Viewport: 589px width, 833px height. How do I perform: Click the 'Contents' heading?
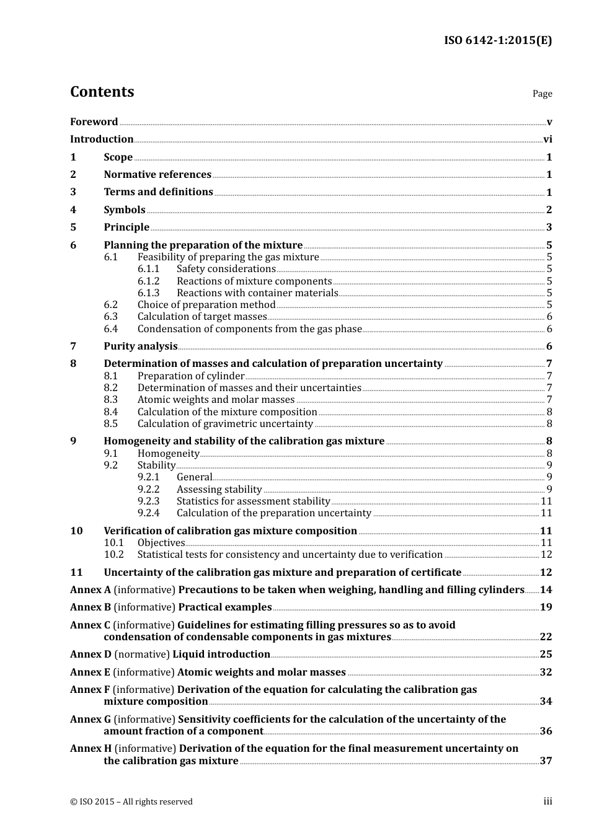coord(102,92)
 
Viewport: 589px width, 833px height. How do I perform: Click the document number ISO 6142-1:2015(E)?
coord(498,41)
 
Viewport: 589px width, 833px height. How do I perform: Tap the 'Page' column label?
coord(542,94)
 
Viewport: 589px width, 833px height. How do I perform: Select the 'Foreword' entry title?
coord(94,122)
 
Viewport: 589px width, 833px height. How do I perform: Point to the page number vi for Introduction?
coord(547,139)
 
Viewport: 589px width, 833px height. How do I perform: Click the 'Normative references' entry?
coord(157,175)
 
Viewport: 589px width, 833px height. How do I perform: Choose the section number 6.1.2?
coord(149,281)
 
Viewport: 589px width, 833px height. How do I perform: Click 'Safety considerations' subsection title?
coord(226,269)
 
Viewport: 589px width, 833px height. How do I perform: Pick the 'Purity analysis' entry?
coord(141,346)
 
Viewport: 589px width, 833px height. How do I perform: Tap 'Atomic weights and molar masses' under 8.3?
coord(216,400)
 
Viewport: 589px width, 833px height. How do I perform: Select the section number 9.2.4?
coord(149,513)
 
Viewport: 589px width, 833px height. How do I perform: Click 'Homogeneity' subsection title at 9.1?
coord(168,454)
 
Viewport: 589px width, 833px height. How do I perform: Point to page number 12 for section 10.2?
coord(546,555)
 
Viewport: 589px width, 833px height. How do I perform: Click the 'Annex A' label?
coord(91,590)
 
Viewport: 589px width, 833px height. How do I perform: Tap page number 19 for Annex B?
coord(546,607)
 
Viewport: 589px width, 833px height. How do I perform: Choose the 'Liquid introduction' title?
coord(221,654)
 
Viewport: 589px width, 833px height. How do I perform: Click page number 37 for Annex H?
coord(546,761)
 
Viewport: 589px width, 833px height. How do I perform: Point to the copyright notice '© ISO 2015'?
coord(93,802)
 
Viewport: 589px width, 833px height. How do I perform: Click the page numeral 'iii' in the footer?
coord(547,802)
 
